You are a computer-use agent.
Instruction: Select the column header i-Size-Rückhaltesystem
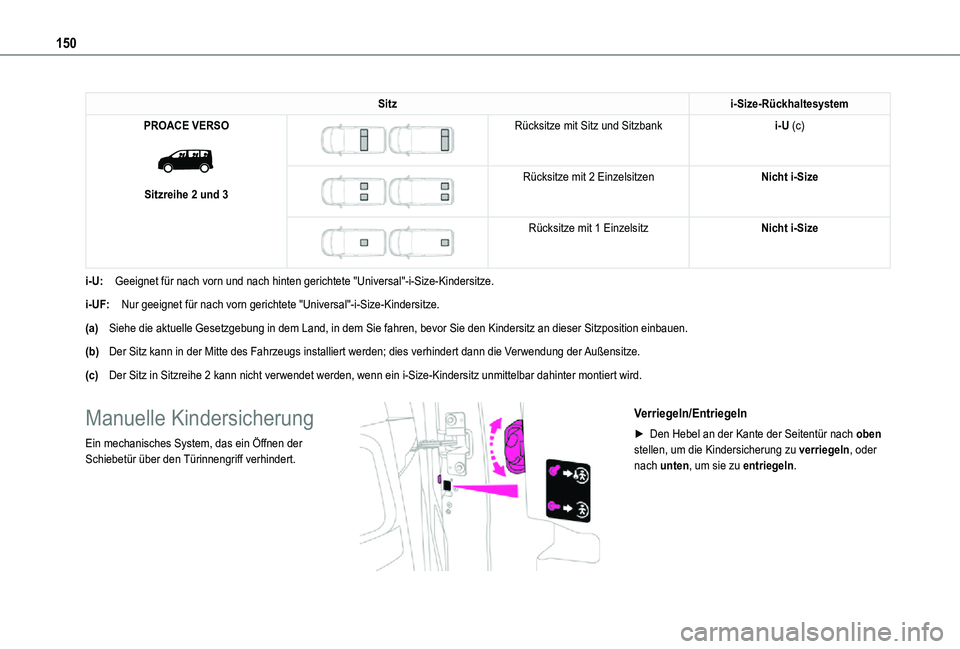[789, 104]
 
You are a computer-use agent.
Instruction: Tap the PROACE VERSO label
[186, 126]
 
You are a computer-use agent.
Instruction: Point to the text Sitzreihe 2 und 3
[186, 193]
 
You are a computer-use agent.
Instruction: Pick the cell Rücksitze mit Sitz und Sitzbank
[588, 126]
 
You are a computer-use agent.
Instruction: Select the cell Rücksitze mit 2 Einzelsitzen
[588, 177]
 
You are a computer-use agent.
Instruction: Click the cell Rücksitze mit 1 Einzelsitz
[588, 228]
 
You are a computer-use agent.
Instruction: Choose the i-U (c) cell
[789, 126]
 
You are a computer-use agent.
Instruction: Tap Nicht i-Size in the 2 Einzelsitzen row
[789, 177]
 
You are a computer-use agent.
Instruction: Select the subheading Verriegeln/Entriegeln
[689, 413]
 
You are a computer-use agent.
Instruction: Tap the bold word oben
[867, 433]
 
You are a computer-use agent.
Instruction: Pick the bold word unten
[665, 466]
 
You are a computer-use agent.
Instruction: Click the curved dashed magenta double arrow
[493, 447]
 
